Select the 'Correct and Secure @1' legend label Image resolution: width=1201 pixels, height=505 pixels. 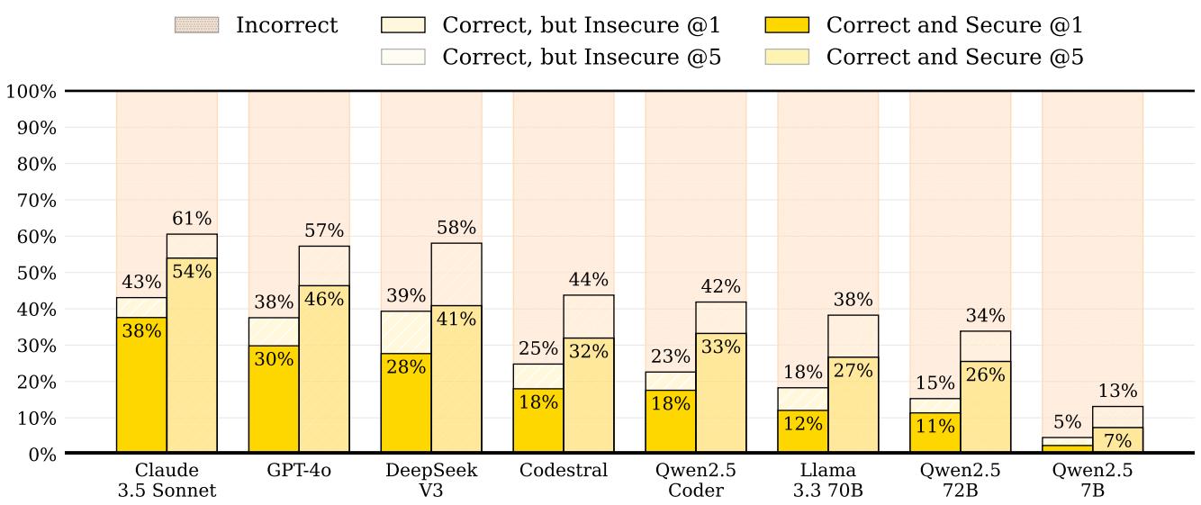tap(954, 25)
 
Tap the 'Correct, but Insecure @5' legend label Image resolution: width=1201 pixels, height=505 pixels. tap(582, 57)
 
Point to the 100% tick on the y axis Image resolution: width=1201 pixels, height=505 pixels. tap(32, 92)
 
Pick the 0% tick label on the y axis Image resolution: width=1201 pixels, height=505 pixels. tap(41, 455)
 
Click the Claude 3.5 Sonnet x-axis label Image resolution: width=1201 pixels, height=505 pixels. tap(167, 480)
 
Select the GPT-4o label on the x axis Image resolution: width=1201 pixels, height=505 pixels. tap(299, 471)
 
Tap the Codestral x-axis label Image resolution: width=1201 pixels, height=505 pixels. tap(564, 471)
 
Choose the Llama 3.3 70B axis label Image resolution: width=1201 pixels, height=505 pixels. tap(828, 480)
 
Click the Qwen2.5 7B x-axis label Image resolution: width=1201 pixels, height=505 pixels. tap(1093, 480)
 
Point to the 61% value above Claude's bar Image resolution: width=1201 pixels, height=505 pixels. tap(192, 219)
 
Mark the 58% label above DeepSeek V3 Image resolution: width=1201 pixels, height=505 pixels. tap(456, 228)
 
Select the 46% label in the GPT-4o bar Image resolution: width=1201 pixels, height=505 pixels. tap(324, 298)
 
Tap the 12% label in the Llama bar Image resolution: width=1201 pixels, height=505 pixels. tap(803, 423)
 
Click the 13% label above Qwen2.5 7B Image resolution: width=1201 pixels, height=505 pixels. tap(1117, 391)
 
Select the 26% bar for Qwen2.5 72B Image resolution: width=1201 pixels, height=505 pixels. tap(985, 414)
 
